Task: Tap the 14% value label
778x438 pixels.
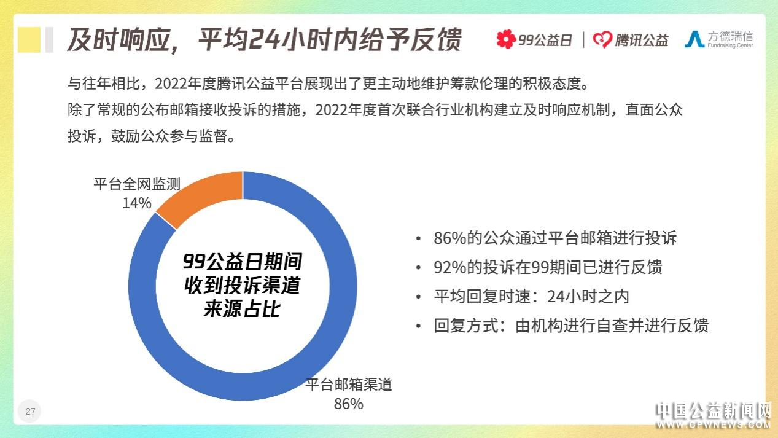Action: (x=137, y=203)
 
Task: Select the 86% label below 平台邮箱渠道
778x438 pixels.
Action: (x=348, y=404)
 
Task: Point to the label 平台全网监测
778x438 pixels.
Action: (x=137, y=184)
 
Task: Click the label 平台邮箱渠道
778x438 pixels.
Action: (x=349, y=385)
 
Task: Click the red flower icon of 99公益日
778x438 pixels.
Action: (x=506, y=39)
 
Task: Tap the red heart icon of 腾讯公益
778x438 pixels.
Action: (x=602, y=39)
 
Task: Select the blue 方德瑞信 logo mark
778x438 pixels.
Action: (x=694, y=39)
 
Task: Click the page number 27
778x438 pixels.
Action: (x=30, y=411)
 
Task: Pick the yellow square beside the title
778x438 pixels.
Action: (x=29, y=39)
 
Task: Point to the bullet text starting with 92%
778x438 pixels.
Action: (x=548, y=267)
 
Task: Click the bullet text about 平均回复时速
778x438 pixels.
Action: (x=531, y=297)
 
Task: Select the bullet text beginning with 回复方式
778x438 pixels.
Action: (x=571, y=326)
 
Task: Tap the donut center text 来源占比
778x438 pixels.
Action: (x=242, y=309)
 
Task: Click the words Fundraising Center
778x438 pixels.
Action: (x=730, y=45)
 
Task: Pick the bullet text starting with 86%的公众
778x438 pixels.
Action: (x=555, y=238)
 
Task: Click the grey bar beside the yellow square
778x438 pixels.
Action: (x=49, y=39)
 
